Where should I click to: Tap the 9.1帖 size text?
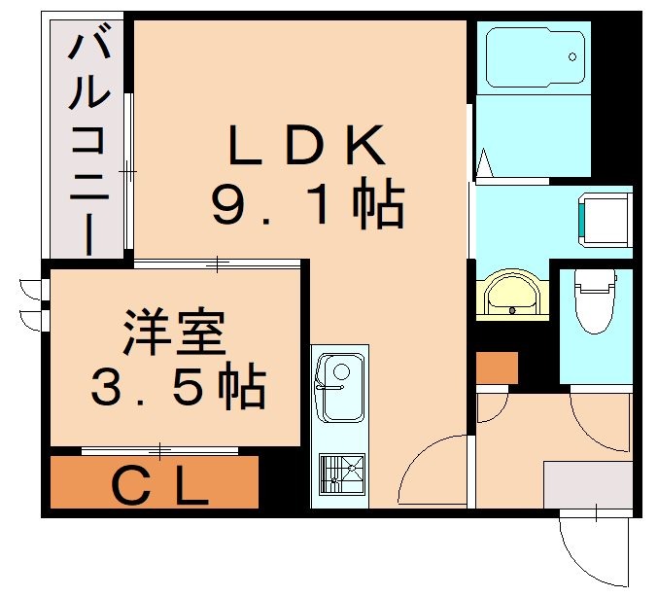point(306,205)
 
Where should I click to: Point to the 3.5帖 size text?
point(176,388)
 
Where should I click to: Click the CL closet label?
point(159,483)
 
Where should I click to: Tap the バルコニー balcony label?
point(84,141)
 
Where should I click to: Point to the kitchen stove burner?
point(339,472)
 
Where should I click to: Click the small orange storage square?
point(497,368)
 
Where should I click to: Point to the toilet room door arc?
point(598,418)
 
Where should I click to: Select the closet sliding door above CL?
point(159,450)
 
